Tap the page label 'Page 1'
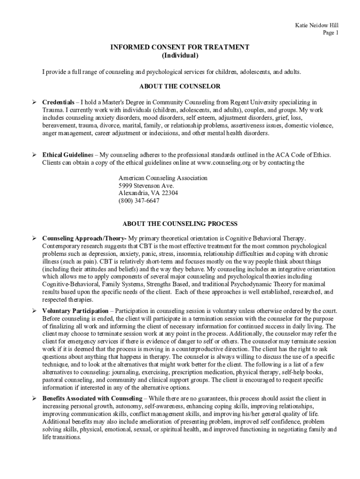point(331,33)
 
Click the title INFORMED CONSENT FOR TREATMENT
point(180,47)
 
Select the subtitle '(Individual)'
point(180,56)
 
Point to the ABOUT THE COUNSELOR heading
point(180,87)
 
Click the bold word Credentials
point(58,102)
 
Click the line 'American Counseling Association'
point(163,178)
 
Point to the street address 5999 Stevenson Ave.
point(146,186)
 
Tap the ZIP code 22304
point(167,193)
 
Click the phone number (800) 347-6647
point(139,201)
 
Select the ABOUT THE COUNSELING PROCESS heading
point(180,224)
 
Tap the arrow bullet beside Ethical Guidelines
point(34,155)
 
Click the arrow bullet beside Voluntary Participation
point(34,311)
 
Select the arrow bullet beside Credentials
point(34,102)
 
